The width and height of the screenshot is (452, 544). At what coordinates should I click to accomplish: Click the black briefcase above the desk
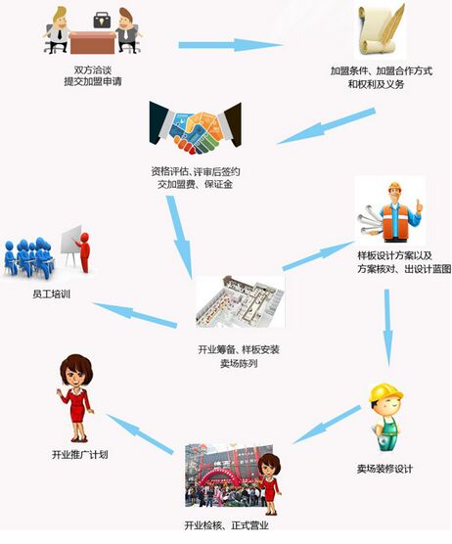pos(103,21)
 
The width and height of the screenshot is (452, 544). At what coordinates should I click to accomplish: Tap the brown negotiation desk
pos(92,43)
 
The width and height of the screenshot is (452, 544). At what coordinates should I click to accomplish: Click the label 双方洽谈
pos(93,70)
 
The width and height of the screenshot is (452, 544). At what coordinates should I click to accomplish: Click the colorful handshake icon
pos(196,128)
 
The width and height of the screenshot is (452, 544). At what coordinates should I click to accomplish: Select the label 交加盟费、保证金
pos(195,184)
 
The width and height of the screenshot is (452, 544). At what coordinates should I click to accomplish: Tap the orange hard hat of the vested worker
pos(394,187)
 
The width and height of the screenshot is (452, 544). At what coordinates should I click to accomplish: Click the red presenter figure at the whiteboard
pos(83,251)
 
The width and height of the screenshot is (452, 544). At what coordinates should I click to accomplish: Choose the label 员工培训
pos(52,295)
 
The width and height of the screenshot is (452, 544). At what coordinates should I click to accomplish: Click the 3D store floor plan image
pos(240,301)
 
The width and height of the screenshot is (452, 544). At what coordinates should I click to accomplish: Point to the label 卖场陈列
pos(239,364)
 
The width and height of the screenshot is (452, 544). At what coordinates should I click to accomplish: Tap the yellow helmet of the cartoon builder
pos(385,392)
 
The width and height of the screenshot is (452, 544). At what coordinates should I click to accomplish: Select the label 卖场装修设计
pos(384,469)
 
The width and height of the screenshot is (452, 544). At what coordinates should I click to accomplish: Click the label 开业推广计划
pos(80,455)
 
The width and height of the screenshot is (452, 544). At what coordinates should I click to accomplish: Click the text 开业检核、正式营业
pos(227,525)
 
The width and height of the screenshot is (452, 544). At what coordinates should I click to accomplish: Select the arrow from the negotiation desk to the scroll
pos(231,45)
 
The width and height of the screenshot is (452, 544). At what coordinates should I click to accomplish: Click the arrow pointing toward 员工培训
pos(135,315)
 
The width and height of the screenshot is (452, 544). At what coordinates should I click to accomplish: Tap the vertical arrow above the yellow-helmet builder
pos(387,328)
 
